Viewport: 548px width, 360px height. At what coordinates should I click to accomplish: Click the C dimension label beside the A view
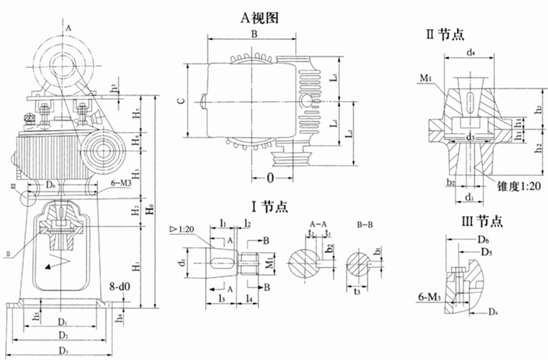click(x=180, y=101)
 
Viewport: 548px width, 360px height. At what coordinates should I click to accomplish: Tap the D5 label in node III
click(x=487, y=253)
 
